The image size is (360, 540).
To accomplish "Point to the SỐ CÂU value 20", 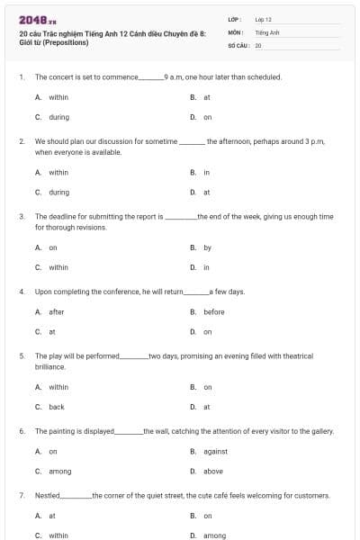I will [x=258, y=44].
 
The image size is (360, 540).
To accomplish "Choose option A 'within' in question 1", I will [x=58, y=97].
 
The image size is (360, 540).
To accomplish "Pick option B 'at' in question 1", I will [x=207, y=97].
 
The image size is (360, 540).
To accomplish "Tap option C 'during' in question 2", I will [x=58, y=192].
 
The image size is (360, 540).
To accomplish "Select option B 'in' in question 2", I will [x=207, y=172].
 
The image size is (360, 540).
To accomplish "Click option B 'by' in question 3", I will [x=207, y=247].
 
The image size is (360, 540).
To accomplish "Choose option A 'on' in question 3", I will [x=53, y=247].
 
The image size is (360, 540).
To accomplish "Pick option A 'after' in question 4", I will [x=56, y=312].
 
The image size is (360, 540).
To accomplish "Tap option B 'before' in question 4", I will [x=213, y=312].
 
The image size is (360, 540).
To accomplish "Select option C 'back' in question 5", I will [x=56, y=407].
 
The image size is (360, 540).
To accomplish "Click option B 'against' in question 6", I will [x=215, y=452].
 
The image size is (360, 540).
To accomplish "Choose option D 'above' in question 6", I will [x=213, y=472].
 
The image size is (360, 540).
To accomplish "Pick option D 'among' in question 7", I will [x=214, y=536].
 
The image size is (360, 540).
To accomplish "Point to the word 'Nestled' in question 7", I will [x=47, y=496].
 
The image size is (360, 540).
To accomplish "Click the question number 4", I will [x=22, y=292].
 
